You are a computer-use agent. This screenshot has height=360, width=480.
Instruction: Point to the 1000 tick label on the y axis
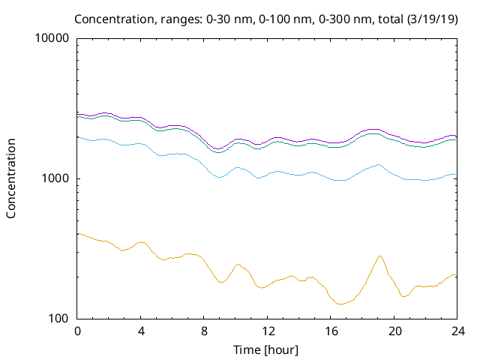[x=57, y=178]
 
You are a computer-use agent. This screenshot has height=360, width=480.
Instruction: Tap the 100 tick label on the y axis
[x=60, y=319]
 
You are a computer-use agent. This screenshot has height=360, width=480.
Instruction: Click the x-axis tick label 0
[x=77, y=331]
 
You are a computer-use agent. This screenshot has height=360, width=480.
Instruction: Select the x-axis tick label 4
[x=141, y=331]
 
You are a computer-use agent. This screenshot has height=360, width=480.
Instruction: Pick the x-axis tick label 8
[x=204, y=331]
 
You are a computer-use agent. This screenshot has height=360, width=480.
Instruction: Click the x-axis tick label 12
[x=267, y=331]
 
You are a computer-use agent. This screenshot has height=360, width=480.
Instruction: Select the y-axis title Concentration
[x=11, y=178]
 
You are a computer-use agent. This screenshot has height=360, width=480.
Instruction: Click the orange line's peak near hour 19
[x=379, y=256]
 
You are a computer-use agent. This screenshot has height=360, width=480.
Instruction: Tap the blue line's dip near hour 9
[x=219, y=177]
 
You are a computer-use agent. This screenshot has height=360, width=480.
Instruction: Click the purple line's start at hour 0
[x=78, y=113]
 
